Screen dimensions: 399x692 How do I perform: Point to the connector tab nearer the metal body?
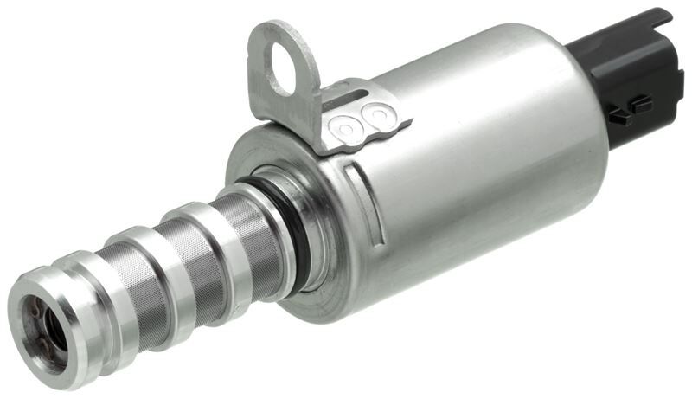click(618, 116)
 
